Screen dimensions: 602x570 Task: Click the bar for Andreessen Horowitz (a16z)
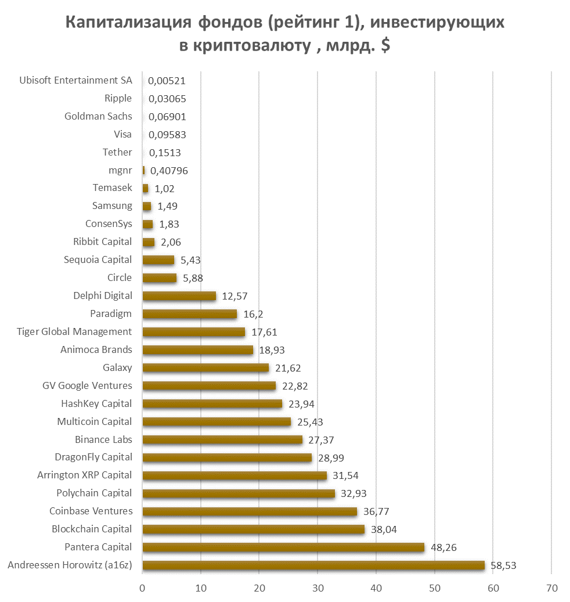tap(313, 565)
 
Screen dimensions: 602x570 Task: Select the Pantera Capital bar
tap(283, 547)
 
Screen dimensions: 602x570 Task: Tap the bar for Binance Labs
tap(222, 439)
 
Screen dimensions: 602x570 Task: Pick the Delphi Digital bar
tap(179, 296)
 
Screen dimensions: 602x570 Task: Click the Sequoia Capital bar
tap(158, 260)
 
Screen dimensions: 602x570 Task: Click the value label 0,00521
tap(167, 81)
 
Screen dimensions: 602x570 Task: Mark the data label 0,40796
tap(169, 171)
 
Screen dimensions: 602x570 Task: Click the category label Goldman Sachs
tap(98, 116)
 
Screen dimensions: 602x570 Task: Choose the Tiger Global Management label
tap(74, 331)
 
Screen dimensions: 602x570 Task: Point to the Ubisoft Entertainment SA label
tap(75, 80)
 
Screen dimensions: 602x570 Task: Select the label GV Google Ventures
tap(87, 385)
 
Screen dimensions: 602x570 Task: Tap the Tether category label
tap(117, 152)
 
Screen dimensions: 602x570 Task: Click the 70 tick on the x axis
tap(551, 588)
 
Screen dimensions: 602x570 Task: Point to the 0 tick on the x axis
tap(142, 588)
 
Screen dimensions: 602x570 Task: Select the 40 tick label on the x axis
tap(376, 588)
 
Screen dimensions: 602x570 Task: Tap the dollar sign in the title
tap(385, 46)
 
